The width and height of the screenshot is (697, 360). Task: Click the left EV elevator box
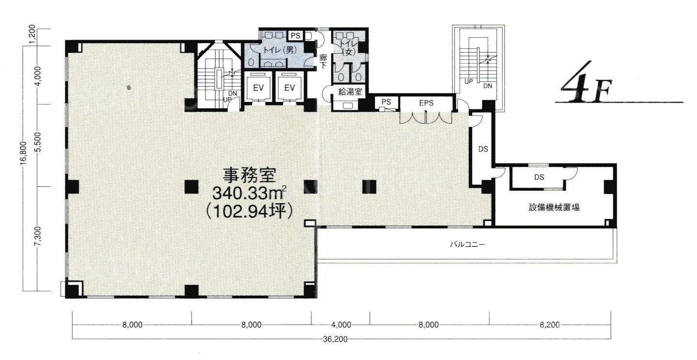(x=258, y=88)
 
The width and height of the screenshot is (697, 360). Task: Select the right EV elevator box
(x=289, y=88)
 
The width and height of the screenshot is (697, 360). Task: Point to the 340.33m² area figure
(x=249, y=193)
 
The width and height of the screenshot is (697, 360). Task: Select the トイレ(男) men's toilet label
(x=280, y=50)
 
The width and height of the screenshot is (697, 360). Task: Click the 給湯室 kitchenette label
(x=350, y=91)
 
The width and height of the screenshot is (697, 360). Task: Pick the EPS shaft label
(x=426, y=103)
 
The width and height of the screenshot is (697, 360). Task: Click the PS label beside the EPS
(x=386, y=102)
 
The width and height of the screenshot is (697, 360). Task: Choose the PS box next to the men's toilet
(x=295, y=35)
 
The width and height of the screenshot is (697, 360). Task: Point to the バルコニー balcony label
(x=468, y=244)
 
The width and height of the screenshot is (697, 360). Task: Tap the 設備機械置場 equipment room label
(x=554, y=207)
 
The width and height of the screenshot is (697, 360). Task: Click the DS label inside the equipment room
(x=539, y=177)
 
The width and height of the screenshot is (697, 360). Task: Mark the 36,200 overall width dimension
(x=335, y=339)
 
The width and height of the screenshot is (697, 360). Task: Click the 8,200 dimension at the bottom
(x=550, y=325)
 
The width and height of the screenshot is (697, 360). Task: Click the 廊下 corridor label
(x=324, y=61)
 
